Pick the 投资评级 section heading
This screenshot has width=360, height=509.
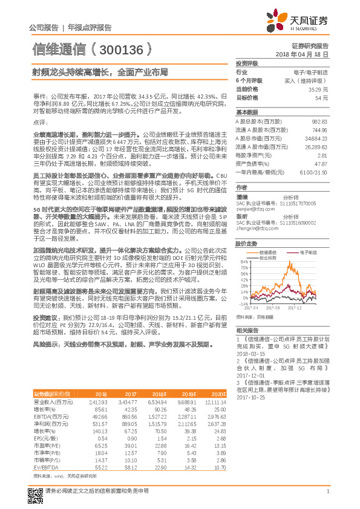[247, 63]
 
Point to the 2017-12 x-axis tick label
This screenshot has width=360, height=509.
[295, 306]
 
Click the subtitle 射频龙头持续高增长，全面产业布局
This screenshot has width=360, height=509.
[100, 71]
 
